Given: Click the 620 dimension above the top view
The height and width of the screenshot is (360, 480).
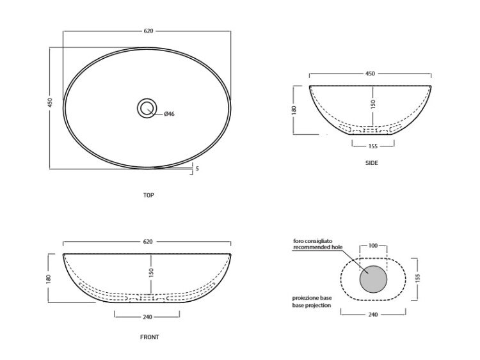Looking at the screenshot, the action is [148, 31].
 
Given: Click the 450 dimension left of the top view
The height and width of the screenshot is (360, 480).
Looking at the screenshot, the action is [50, 102].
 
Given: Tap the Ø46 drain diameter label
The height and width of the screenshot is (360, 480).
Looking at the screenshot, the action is [170, 114].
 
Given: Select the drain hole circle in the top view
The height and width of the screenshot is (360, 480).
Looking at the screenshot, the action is [147, 108].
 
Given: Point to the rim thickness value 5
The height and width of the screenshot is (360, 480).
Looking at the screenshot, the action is [198, 169].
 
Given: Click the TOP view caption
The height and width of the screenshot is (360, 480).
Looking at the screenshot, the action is [148, 195].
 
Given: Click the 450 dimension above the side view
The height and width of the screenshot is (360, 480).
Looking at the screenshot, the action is [370, 74].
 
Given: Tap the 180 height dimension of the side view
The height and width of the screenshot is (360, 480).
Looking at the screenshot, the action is [294, 109].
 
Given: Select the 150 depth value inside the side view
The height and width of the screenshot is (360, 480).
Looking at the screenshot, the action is [372, 104].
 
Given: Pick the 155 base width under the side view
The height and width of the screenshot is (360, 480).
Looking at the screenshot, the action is [373, 146].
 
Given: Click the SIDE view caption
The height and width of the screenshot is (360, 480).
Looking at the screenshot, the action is [372, 163].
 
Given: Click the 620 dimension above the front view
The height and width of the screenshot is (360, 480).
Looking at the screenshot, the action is [148, 242].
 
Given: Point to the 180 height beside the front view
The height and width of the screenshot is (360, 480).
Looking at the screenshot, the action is [49, 279].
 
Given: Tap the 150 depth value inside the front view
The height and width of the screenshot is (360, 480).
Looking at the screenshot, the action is [151, 272].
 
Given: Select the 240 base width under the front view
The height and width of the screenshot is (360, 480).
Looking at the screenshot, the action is [147, 317].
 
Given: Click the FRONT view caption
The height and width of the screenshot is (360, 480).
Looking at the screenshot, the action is [149, 337].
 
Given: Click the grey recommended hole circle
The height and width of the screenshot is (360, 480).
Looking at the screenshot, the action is [373, 279].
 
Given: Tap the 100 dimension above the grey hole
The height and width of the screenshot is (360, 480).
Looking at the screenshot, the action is [373, 246].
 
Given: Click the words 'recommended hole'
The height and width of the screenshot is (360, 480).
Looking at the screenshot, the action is [317, 247].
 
